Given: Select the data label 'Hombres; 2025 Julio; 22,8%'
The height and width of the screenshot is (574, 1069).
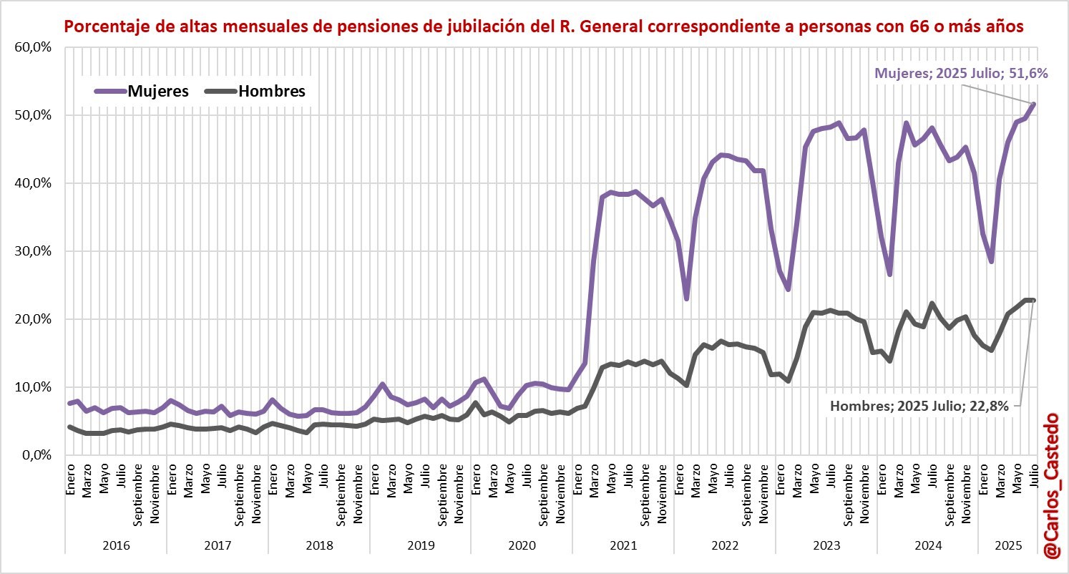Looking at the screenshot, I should (919, 406).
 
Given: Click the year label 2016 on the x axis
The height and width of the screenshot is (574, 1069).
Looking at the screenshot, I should (116, 545).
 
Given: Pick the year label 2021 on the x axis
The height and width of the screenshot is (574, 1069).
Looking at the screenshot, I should (623, 545).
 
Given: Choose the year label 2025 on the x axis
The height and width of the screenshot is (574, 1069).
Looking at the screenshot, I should (1007, 545).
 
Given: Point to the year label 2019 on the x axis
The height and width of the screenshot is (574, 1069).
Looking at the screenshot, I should (421, 545).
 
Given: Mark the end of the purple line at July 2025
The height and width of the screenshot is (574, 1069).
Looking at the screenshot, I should (1033, 104).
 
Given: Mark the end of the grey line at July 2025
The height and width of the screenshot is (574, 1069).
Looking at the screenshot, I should (1033, 300).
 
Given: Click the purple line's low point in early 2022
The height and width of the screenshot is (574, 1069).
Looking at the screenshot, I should (686, 298).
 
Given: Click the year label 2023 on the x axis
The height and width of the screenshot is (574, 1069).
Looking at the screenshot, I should (826, 545).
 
